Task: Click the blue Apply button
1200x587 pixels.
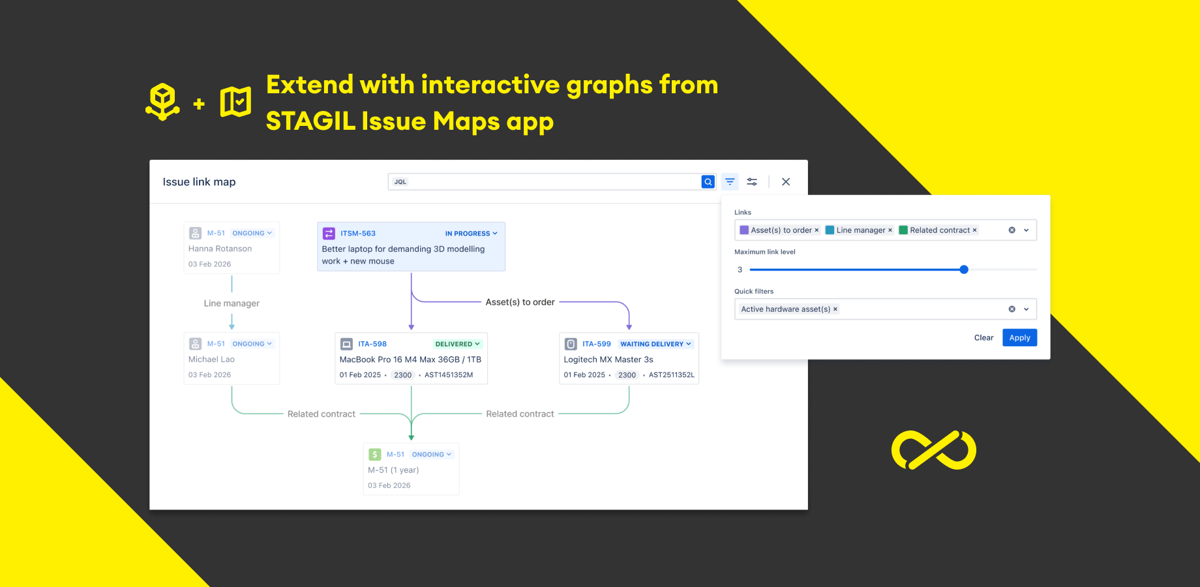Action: (1019, 338)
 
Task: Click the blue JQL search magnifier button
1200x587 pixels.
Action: (708, 182)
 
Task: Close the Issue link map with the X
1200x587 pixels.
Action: (786, 182)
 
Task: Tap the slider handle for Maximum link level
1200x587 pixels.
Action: (964, 269)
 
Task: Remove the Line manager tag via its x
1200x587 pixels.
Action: (890, 230)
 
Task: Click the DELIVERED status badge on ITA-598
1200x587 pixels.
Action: (457, 344)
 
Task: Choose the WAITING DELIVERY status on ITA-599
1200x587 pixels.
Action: (655, 344)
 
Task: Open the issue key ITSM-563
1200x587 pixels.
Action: (358, 233)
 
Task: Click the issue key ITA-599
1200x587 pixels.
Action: (597, 344)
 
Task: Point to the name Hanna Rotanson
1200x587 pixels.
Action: (220, 248)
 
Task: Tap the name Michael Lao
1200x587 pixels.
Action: (211, 359)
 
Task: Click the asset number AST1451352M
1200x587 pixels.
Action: (449, 375)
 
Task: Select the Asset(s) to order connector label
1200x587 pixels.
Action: (520, 302)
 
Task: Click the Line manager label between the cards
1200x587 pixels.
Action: (232, 303)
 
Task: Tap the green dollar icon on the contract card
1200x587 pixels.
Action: (375, 455)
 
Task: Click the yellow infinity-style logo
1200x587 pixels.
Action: (934, 450)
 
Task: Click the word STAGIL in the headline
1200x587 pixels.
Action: (310, 121)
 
